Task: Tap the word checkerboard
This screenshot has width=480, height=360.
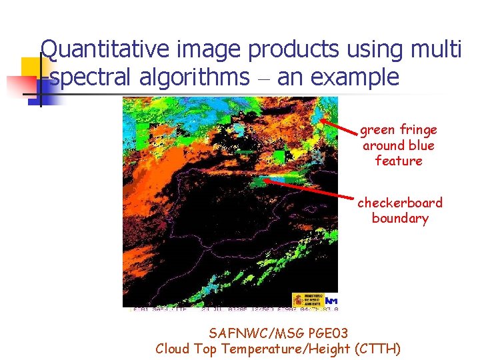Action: [400, 203]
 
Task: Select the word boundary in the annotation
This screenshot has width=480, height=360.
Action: [400, 219]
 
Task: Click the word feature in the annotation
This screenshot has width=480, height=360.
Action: [399, 161]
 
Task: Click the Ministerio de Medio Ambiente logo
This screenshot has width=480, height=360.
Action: [307, 300]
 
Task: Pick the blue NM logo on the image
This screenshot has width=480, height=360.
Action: [331, 301]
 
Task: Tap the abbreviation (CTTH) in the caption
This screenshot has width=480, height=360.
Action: [378, 348]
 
